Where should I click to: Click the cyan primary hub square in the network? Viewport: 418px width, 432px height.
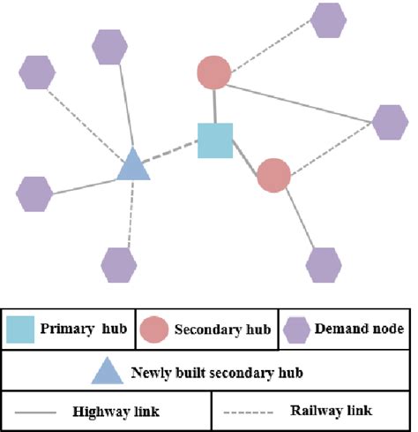pyautogui.click(x=214, y=140)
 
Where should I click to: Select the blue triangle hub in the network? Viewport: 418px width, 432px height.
pyautogui.click(x=133, y=165)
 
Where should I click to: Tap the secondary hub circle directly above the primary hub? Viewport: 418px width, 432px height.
pyautogui.click(x=213, y=72)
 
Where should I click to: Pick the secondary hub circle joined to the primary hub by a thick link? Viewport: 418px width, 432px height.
pyautogui.click(x=274, y=176)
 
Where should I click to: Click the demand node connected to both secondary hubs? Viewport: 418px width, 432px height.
pyautogui.click(x=390, y=122)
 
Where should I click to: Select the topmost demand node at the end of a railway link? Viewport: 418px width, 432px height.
pyautogui.click(x=328, y=20)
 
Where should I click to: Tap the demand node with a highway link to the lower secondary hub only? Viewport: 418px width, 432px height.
pyautogui.click(x=324, y=263)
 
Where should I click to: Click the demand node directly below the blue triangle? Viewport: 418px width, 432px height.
pyautogui.click(x=119, y=263)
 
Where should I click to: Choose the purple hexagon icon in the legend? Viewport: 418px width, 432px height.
pyautogui.click(x=297, y=330)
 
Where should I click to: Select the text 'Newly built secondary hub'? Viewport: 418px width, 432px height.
pyautogui.click(x=217, y=372)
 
